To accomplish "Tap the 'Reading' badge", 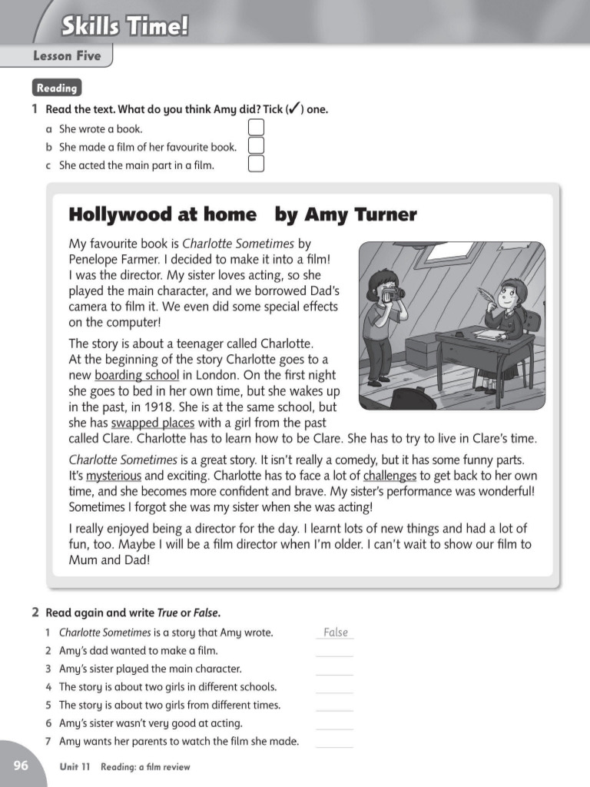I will point(57,88).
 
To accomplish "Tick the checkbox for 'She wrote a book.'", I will point(257,128).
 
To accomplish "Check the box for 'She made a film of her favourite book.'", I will point(257,146).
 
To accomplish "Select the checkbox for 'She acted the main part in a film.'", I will point(257,164).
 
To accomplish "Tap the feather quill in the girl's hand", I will point(484,295).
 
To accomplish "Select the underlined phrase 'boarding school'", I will point(137,376).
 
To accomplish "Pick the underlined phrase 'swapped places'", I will point(154,423).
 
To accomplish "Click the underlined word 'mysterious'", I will point(114,476).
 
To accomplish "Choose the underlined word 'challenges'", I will point(389,476).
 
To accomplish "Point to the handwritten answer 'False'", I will point(336,633).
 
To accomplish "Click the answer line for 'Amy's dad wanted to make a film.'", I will point(334,653).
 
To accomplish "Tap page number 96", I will point(21,765).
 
